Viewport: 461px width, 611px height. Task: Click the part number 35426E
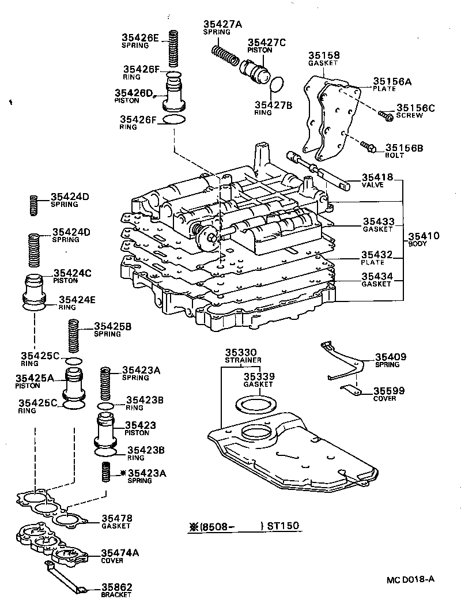click(x=139, y=38)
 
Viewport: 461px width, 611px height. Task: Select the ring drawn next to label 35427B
click(x=277, y=85)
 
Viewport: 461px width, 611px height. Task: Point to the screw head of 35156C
click(x=388, y=117)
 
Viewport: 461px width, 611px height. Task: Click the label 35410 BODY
click(x=424, y=239)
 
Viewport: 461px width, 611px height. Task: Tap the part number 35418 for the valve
click(x=377, y=178)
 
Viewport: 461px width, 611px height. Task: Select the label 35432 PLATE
click(x=377, y=257)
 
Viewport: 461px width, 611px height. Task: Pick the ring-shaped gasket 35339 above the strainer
click(x=254, y=403)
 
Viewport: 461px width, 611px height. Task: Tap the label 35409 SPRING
click(x=391, y=360)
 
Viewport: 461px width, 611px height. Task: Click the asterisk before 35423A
click(x=123, y=473)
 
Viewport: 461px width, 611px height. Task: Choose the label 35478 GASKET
click(x=116, y=522)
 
